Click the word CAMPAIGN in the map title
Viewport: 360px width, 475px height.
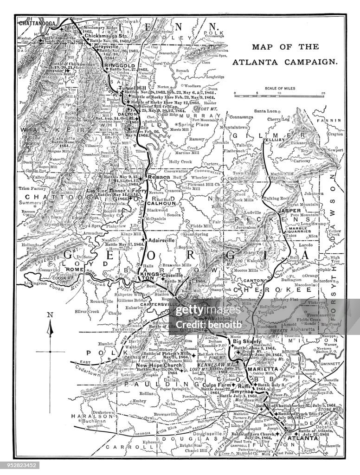pos(313,61)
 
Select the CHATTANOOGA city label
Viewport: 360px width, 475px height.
pos(37,22)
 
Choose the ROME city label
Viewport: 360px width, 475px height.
pos(73,270)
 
